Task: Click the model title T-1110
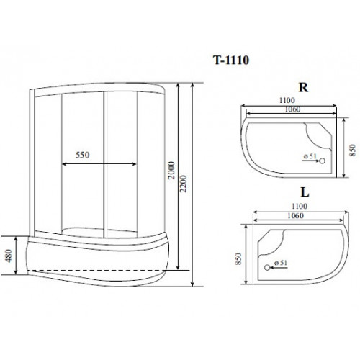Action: [x=231, y=60]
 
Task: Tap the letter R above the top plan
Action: [x=303, y=88]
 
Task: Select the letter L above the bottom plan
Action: [x=305, y=192]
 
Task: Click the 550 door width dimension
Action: [x=83, y=155]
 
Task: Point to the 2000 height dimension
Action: [x=171, y=170]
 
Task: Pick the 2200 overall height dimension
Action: [x=183, y=184]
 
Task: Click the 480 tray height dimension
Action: [x=9, y=256]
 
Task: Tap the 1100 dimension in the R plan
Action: [x=287, y=100]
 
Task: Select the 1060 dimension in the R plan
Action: [x=292, y=109]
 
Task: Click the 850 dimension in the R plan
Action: [x=352, y=150]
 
